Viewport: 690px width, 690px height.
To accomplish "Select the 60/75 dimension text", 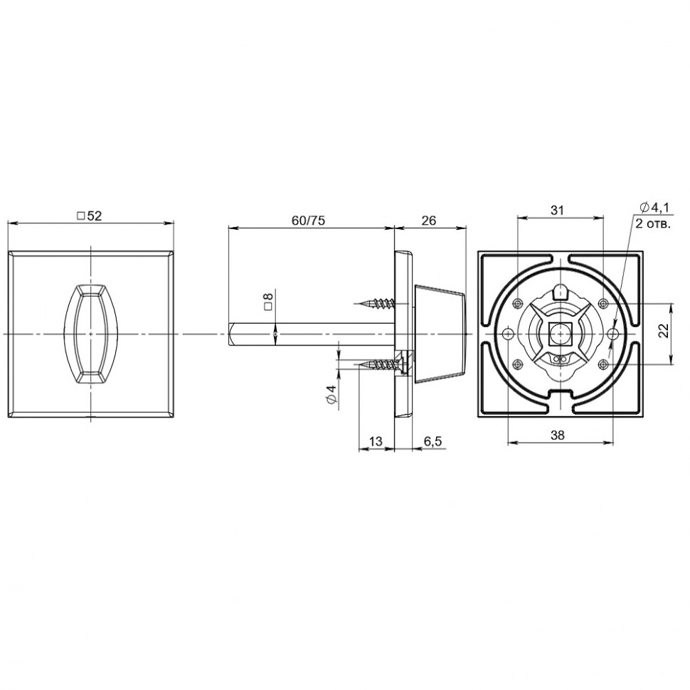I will (x=308, y=221).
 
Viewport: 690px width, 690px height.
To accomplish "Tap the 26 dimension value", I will (x=429, y=221).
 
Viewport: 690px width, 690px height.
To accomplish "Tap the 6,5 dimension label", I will (x=432, y=441).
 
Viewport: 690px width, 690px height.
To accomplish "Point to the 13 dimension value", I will (x=376, y=441).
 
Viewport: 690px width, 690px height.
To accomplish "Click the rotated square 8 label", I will (x=268, y=299).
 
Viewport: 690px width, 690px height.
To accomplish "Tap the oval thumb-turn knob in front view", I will (x=90, y=334).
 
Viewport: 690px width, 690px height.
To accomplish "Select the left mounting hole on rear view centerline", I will (x=508, y=334).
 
